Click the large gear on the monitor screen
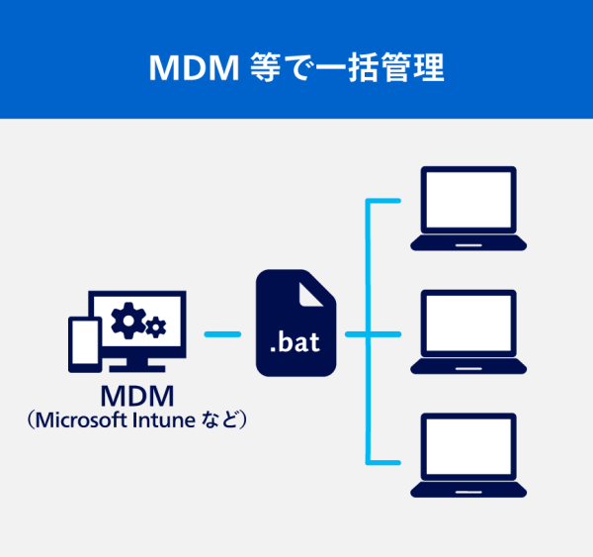point(127,319)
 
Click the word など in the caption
point(218,420)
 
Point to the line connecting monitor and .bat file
point(222,334)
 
